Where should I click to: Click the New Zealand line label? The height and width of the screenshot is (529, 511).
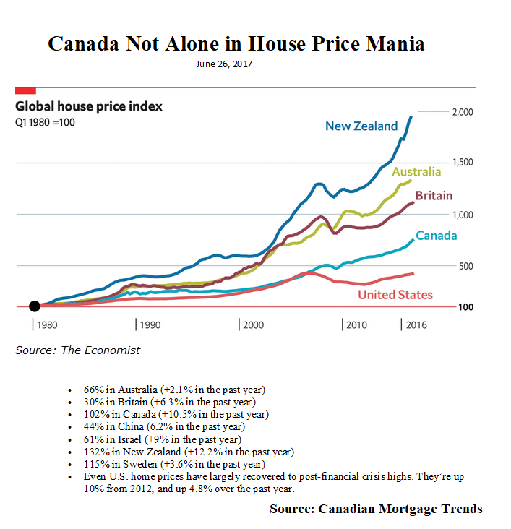click(361, 126)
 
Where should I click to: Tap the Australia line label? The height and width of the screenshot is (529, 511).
click(416, 172)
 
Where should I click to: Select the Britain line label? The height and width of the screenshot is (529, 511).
click(434, 196)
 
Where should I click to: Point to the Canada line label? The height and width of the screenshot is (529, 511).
click(436, 236)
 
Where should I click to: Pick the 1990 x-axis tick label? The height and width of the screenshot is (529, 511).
click(150, 325)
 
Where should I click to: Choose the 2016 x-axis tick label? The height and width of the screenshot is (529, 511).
click(416, 325)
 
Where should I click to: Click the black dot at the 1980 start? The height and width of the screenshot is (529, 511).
click(34, 306)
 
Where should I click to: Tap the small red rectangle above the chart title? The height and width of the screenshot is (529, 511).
click(25, 90)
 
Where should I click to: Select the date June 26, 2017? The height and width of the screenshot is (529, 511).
click(224, 64)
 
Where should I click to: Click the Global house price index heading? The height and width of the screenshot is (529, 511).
click(89, 106)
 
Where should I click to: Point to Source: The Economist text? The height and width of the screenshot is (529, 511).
click(78, 350)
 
